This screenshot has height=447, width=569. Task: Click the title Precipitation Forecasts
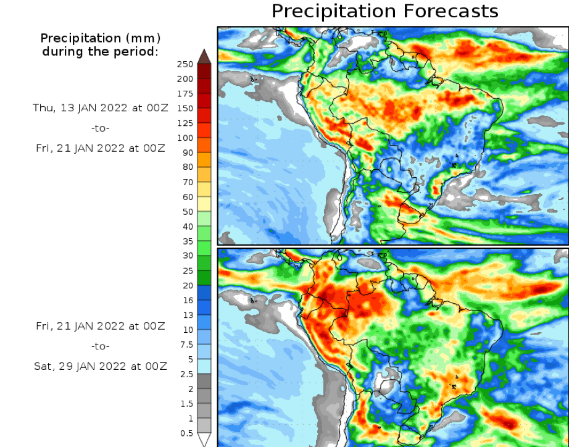pyautogui.click(x=384, y=11)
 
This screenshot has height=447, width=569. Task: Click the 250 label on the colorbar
pyautogui.click(x=185, y=64)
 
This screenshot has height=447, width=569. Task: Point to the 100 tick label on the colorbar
pyautogui.click(x=185, y=138)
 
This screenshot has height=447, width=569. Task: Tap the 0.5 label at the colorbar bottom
pyautogui.click(x=186, y=433)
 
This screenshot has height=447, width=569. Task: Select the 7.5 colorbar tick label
pyautogui.click(x=186, y=345)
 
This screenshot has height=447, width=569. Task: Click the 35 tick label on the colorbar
pyautogui.click(x=188, y=241)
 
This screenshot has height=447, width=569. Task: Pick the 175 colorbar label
pyautogui.click(x=185, y=94)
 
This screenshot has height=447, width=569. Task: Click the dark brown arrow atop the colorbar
pyautogui.click(x=204, y=56)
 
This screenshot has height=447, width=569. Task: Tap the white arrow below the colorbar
pyautogui.click(x=204, y=440)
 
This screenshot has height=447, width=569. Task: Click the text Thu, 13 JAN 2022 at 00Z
pyautogui.click(x=100, y=108)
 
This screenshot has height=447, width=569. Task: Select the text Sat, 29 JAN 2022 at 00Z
pyautogui.click(x=100, y=366)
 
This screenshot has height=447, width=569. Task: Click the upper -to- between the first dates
pyautogui.click(x=100, y=128)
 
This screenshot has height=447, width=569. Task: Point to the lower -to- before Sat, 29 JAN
pyautogui.click(x=100, y=346)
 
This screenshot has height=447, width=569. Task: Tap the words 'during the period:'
pyautogui.click(x=100, y=51)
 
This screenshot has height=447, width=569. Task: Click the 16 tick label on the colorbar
pyautogui.click(x=188, y=300)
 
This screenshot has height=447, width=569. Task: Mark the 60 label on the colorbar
pyautogui.click(x=188, y=197)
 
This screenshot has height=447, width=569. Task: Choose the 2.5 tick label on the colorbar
pyautogui.click(x=186, y=374)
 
